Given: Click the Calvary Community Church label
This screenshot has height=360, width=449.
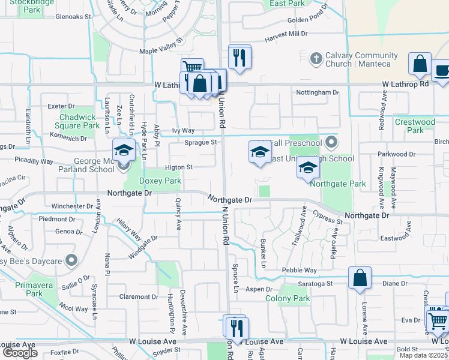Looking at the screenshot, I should pyautogui.click(x=358, y=59).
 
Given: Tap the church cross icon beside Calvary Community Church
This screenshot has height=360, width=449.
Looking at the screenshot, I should pyautogui.click(x=316, y=59).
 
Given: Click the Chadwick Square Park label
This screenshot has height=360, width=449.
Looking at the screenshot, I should pyautogui.click(x=76, y=121).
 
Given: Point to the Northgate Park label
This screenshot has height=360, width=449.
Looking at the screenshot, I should pyautogui.click(x=337, y=184).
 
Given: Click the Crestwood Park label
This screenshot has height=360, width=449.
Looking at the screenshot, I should pyautogui.click(x=415, y=126).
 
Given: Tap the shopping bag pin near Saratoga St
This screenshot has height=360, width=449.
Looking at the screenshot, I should pyautogui.click(x=360, y=278).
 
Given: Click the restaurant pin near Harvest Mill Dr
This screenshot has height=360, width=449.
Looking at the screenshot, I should pyautogui.click(x=239, y=58).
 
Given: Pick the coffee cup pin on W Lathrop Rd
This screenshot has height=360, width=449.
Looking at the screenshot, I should pyautogui.click(x=442, y=70).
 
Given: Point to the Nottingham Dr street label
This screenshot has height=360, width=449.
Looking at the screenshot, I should pyautogui.click(x=318, y=93).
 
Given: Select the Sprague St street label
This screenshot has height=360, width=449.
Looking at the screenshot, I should pyautogui.click(x=200, y=143).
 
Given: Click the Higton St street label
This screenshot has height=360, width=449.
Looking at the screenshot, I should pyautogui.click(x=178, y=167).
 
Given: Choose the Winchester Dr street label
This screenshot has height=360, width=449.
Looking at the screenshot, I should pyautogui.click(x=72, y=206).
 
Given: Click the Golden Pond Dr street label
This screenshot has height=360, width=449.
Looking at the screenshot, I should pyautogui.click(x=307, y=20).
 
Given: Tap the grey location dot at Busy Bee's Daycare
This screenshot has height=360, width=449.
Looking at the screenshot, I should pyautogui.click(x=71, y=260).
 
